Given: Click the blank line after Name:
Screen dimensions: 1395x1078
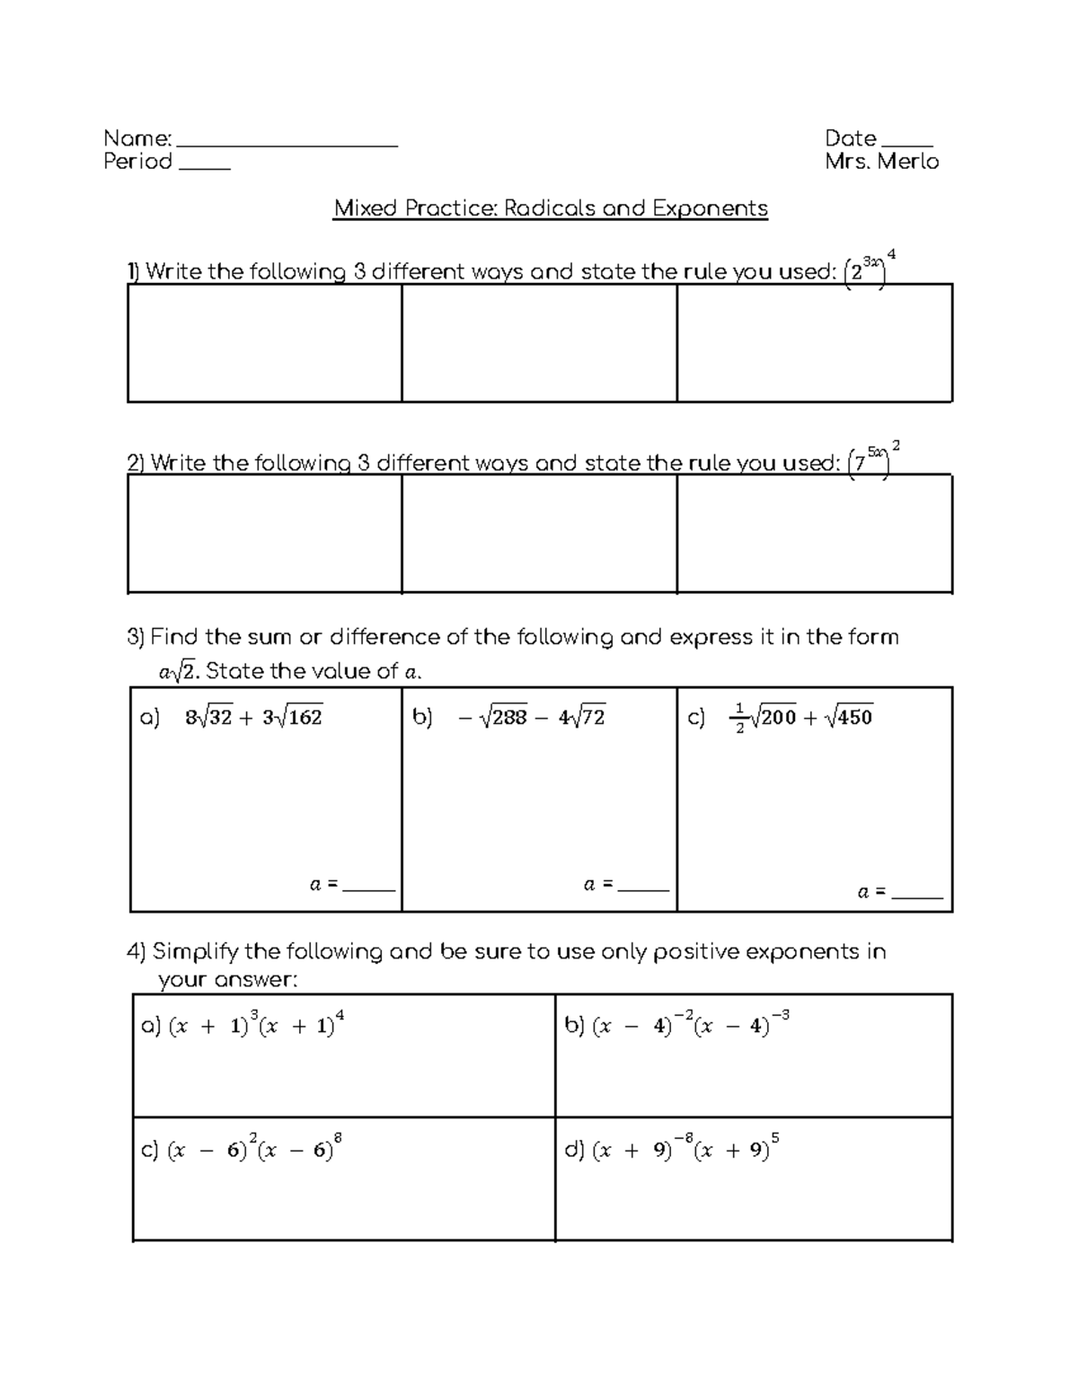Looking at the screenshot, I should click(287, 144).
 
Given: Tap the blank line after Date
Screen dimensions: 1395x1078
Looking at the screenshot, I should click(907, 144).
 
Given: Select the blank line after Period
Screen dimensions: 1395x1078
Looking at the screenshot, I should click(205, 167).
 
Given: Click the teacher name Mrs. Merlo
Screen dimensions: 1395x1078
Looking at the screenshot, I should click(881, 162).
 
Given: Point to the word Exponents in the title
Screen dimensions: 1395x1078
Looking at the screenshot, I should click(710, 208).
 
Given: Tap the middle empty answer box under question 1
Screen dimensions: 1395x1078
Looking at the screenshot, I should click(539, 343).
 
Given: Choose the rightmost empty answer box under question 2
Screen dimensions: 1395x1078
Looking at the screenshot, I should click(814, 534).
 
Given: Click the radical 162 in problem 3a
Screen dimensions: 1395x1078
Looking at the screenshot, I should click(301, 717).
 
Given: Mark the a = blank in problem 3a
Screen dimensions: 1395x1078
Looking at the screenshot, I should click(369, 887).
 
